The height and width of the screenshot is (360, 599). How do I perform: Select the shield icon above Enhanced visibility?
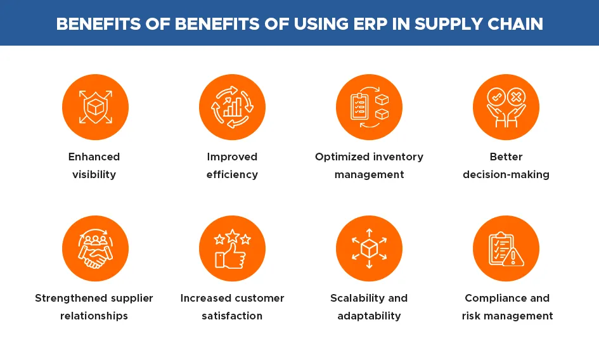(96, 107)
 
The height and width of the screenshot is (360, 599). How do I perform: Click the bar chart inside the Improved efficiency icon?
(232, 107)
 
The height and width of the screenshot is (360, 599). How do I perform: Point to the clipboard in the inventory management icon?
(359, 106)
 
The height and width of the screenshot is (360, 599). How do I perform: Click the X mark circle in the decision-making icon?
(516, 97)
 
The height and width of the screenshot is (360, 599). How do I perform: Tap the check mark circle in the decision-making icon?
(496, 97)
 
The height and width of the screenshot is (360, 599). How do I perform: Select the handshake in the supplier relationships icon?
(95, 255)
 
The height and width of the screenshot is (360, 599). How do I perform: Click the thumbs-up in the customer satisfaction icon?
(230, 255)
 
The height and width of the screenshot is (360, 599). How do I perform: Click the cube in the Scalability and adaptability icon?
(369, 249)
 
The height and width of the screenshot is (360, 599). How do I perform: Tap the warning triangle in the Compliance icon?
(513, 256)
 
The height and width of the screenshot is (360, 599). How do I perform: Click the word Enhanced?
(94, 157)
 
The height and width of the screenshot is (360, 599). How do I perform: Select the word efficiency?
(232, 175)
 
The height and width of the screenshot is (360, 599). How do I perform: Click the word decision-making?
(506, 175)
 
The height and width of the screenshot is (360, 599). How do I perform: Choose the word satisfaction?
(232, 316)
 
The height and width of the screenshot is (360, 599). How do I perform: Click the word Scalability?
(357, 299)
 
